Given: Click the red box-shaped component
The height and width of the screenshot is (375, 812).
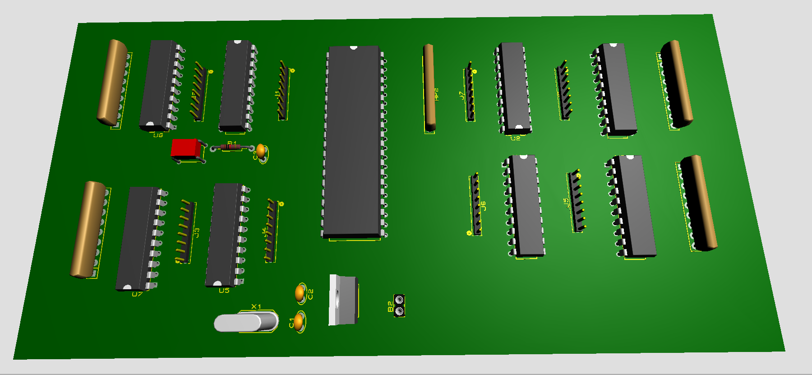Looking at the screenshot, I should [x=185, y=148].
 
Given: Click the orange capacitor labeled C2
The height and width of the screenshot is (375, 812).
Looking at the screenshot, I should [x=300, y=293].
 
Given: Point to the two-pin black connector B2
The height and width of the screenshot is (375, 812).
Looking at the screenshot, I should [x=399, y=306].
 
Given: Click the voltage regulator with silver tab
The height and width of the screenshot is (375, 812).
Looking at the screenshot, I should [x=344, y=300].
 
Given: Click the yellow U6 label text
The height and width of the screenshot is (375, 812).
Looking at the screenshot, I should [x=158, y=135].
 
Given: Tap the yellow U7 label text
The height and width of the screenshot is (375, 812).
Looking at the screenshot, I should [x=137, y=294].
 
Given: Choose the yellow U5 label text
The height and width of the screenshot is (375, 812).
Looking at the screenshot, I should [x=224, y=291].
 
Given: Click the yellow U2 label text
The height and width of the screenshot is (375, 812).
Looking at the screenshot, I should [x=515, y=138].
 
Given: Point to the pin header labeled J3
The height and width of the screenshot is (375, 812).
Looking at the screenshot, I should [x=185, y=231].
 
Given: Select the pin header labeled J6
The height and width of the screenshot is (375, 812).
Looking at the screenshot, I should [x=476, y=204].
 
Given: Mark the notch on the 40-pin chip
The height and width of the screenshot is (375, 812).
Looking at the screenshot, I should [x=354, y=47].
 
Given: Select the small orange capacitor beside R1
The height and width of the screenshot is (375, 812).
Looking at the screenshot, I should [x=261, y=150].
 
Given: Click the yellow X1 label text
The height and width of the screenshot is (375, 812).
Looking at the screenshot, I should [x=256, y=307].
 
